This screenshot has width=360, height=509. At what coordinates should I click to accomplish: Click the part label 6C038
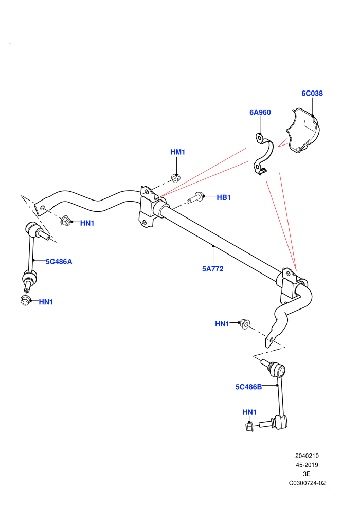tap(312, 94)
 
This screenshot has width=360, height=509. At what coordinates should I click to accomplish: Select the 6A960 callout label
tap(260, 112)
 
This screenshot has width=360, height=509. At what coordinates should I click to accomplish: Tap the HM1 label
tap(177, 152)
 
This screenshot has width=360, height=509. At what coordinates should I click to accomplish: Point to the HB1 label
tap(224, 197)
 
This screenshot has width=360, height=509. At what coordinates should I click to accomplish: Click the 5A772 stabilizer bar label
tap(212, 269)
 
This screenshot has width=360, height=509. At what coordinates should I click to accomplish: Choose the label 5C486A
tap(59, 262)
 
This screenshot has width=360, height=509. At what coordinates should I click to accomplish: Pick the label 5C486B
tap(248, 387)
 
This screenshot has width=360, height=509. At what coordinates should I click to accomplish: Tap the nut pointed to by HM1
tap(176, 178)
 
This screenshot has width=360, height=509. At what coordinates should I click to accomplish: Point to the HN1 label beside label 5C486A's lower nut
tap(46, 302)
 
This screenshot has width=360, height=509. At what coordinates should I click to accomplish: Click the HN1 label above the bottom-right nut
tap(249, 412)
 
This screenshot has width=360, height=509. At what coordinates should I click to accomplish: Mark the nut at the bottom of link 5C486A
tap(25, 300)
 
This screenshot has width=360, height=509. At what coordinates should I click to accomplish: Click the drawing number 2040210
tap(307, 456)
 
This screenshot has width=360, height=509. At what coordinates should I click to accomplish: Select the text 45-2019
tap(307, 465)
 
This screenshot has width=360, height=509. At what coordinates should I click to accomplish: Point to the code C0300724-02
tap(307, 483)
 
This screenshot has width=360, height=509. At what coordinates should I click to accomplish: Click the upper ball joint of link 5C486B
tap(278, 370)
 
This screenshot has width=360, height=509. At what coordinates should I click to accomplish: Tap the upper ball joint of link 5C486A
tap(31, 228)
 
